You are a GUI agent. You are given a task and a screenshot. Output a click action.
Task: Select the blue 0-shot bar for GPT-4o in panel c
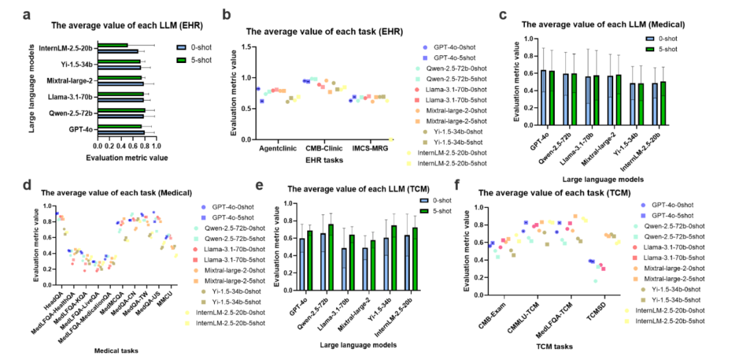[x=543, y=99]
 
